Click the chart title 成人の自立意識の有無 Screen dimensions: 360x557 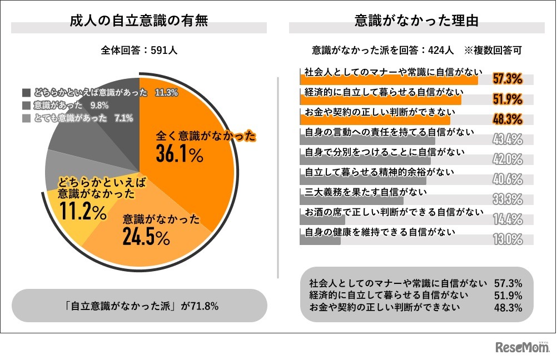[x=139, y=22]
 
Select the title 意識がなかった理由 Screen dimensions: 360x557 [x=417, y=22]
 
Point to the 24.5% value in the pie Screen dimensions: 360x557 [x=146, y=238]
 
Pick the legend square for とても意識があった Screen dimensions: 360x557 [x=26, y=118]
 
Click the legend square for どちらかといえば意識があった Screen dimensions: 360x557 [x=26, y=93]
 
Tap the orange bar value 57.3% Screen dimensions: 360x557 [x=508, y=79]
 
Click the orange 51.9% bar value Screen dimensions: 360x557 [x=508, y=99]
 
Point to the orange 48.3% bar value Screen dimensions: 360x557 [x=508, y=119]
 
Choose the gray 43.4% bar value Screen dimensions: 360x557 [x=508, y=139]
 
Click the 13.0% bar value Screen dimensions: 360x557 [x=508, y=239]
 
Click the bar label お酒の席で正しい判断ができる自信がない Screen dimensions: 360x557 [x=394, y=212]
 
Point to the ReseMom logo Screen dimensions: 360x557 [x=522, y=347]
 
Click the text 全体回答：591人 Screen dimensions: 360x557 [x=139, y=50]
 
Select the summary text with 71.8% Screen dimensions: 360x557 [x=140, y=306]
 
